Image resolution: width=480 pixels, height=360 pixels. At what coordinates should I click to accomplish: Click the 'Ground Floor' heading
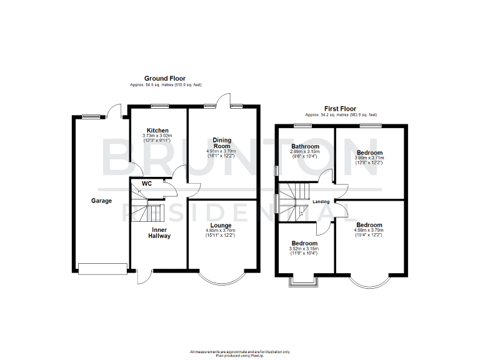164,79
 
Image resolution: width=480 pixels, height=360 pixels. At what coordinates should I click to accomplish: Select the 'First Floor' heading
341,109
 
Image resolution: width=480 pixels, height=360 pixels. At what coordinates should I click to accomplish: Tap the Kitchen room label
157,131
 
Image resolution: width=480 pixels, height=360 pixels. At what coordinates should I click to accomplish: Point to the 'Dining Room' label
222,143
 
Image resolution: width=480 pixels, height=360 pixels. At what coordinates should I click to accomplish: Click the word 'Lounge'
221,225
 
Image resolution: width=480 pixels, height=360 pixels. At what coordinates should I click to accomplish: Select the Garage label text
102,201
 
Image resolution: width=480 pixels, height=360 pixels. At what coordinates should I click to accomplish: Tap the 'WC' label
147,184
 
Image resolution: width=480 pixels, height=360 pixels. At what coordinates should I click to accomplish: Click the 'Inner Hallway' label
159,232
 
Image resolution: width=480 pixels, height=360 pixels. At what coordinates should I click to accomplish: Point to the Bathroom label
304,146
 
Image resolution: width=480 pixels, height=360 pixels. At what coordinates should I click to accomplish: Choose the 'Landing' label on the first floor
321,201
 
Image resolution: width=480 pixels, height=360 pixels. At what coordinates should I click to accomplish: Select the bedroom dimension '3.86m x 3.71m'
369,158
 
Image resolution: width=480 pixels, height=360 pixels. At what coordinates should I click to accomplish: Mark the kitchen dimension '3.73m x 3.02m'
157,136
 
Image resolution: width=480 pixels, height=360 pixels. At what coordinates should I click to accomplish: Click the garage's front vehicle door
102,269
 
